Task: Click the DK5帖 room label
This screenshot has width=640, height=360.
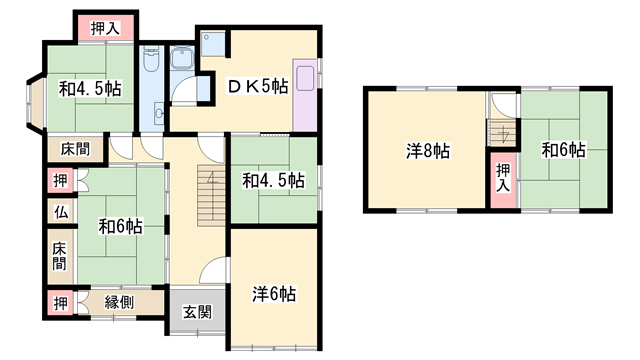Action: [x=258, y=87]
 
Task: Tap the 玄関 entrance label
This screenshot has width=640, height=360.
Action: [x=197, y=312]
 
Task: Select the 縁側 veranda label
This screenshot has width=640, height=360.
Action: [x=119, y=302]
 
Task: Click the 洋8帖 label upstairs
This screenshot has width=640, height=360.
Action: [x=428, y=151]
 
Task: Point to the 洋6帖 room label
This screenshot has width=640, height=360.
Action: [x=274, y=293]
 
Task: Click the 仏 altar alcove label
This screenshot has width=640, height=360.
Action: [x=61, y=212]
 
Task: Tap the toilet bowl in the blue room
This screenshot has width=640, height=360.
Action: [x=151, y=60]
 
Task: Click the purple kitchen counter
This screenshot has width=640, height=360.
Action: [x=305, y=96]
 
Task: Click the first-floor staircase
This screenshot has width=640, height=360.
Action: [x=211, y=195]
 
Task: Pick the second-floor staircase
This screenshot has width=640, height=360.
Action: [x=503, y=133]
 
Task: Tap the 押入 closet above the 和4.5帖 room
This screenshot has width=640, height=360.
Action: [x=106, y=28]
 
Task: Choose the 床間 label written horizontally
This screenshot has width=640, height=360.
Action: [x=76, y=149]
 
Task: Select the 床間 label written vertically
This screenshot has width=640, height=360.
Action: [x=60, y=256]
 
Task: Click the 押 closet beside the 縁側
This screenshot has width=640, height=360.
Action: [x=61, y=303]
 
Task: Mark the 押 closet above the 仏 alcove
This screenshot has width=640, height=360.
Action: [x=61, y=180]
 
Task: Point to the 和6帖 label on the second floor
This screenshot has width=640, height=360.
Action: [x=563, y=150]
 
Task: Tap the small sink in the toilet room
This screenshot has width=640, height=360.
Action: [x=159, y=112]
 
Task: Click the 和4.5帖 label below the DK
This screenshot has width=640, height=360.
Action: [x=273, y=180]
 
